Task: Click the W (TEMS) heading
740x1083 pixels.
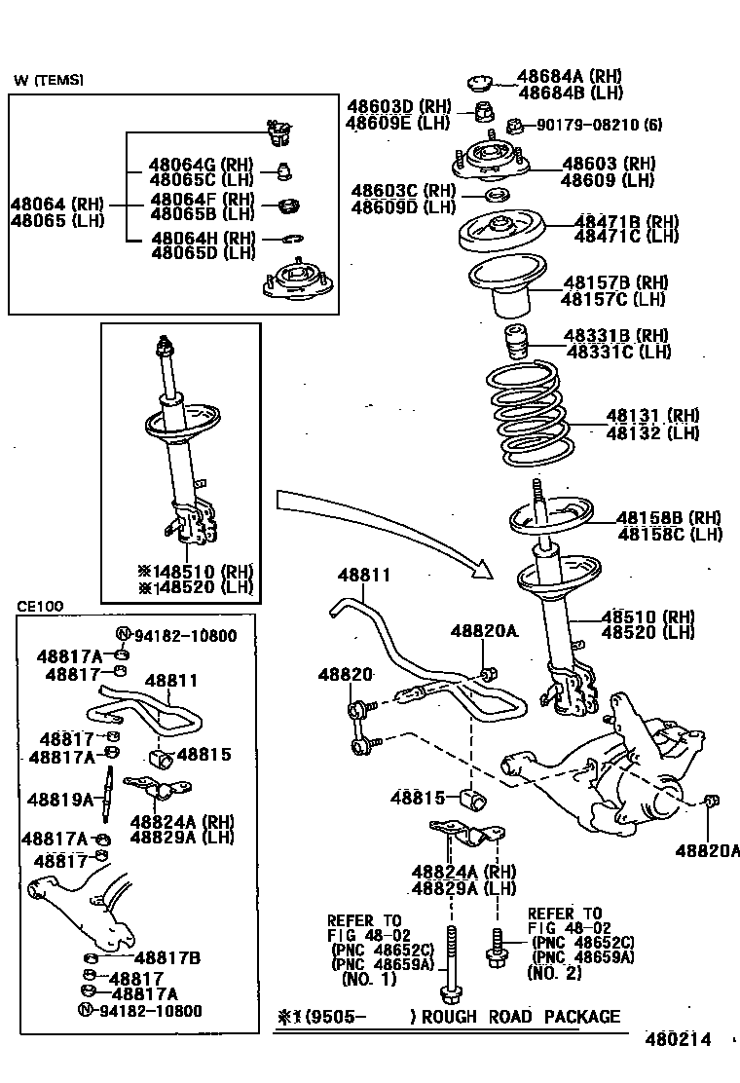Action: (x=49, y=80)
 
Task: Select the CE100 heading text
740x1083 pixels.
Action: (x=40, y=606)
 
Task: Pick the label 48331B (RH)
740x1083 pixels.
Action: (x=616, y=336)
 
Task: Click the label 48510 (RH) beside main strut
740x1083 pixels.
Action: (x=647, y=616)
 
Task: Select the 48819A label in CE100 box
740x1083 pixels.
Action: (x=59, y=800)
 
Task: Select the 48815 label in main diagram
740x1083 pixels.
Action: (x=419, y=798)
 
